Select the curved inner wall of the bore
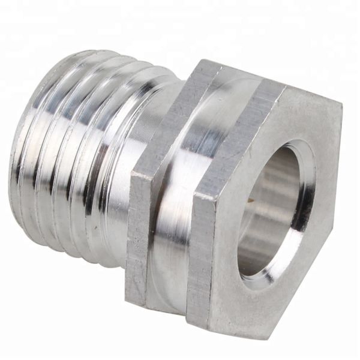[x=264, y=204]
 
